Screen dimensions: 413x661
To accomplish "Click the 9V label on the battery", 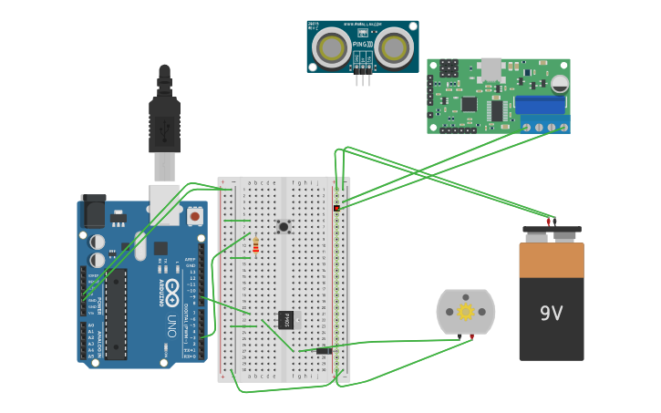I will coord(551,314).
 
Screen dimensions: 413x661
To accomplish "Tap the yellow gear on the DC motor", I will coord(466,312).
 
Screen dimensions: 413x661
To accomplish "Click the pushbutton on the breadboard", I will coord(284,226).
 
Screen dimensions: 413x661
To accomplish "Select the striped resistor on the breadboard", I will coord(255,245).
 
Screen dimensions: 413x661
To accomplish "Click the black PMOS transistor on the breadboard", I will coord(285,320).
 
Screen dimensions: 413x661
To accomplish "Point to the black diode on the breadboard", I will coord(324,350).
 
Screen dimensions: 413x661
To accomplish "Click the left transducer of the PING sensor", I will coord(332,47).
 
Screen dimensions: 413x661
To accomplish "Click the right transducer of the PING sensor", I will coord(395,47).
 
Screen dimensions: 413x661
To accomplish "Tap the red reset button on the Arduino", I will coord(195,217).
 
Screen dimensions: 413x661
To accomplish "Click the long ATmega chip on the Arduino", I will coord(115,314).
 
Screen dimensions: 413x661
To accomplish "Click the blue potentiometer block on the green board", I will coord(540,105).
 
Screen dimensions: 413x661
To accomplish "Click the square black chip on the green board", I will coord(470,104).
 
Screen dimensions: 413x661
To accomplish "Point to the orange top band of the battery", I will coord(552,260).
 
